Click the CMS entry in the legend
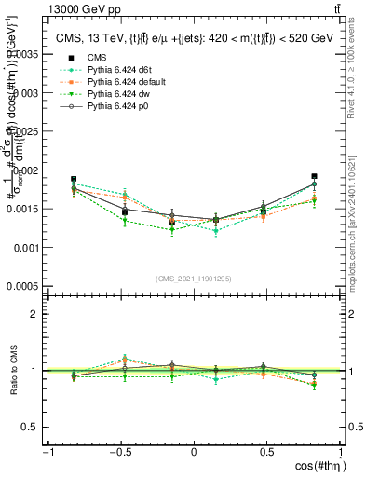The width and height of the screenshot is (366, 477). [x=98, y=57]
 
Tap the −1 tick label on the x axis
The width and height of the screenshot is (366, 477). [x=47, y=454]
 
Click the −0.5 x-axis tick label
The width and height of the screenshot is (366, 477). [x=120, y=454]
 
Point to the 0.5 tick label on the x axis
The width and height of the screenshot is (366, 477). [x=268, y=454]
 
